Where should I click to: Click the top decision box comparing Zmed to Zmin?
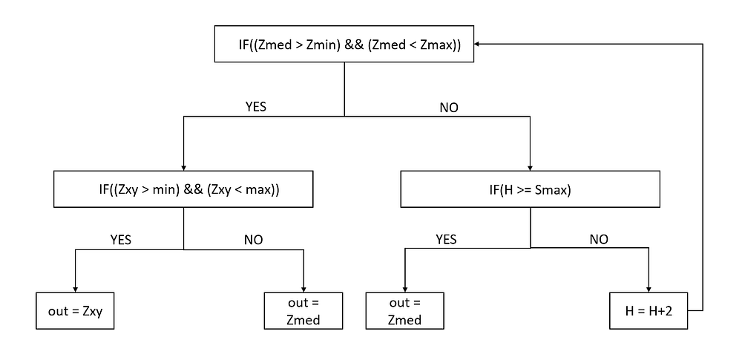(x=344, y=45)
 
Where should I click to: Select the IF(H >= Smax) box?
(x=530, y=189)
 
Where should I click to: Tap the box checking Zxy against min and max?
(x=183, y=189)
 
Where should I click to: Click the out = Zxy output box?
(x=75, y=311)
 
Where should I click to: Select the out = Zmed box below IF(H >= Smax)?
(x=404, y=311)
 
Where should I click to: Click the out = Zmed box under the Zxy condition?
(x=303, y=311)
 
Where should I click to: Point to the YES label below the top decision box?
(x=255, y=106)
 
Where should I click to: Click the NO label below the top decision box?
(x=449, y=107)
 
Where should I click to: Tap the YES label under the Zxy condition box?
(x=120, y=239)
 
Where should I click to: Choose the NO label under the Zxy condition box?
(x=253, y=239)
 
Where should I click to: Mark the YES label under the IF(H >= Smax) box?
(x=445, y=239)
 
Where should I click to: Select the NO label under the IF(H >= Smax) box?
(x=599, y=239)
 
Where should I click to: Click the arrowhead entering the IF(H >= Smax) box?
(x=530, y=166)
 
